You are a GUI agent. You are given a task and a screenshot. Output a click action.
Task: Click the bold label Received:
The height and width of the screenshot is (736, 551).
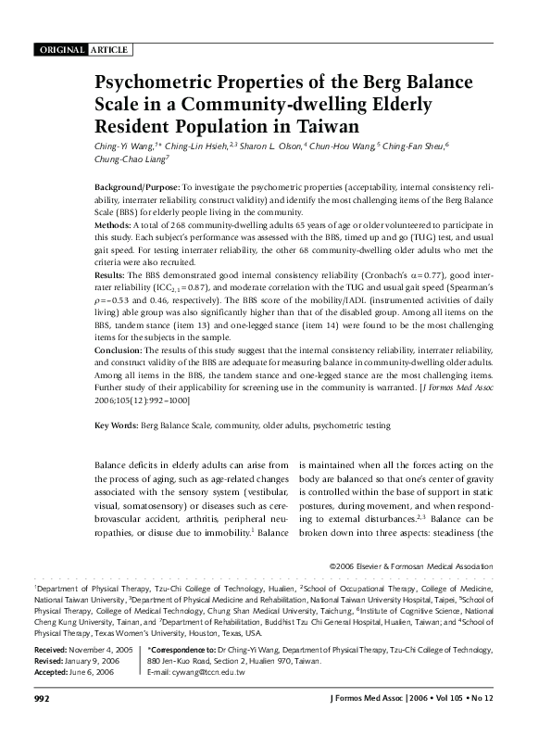pos(55,652)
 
